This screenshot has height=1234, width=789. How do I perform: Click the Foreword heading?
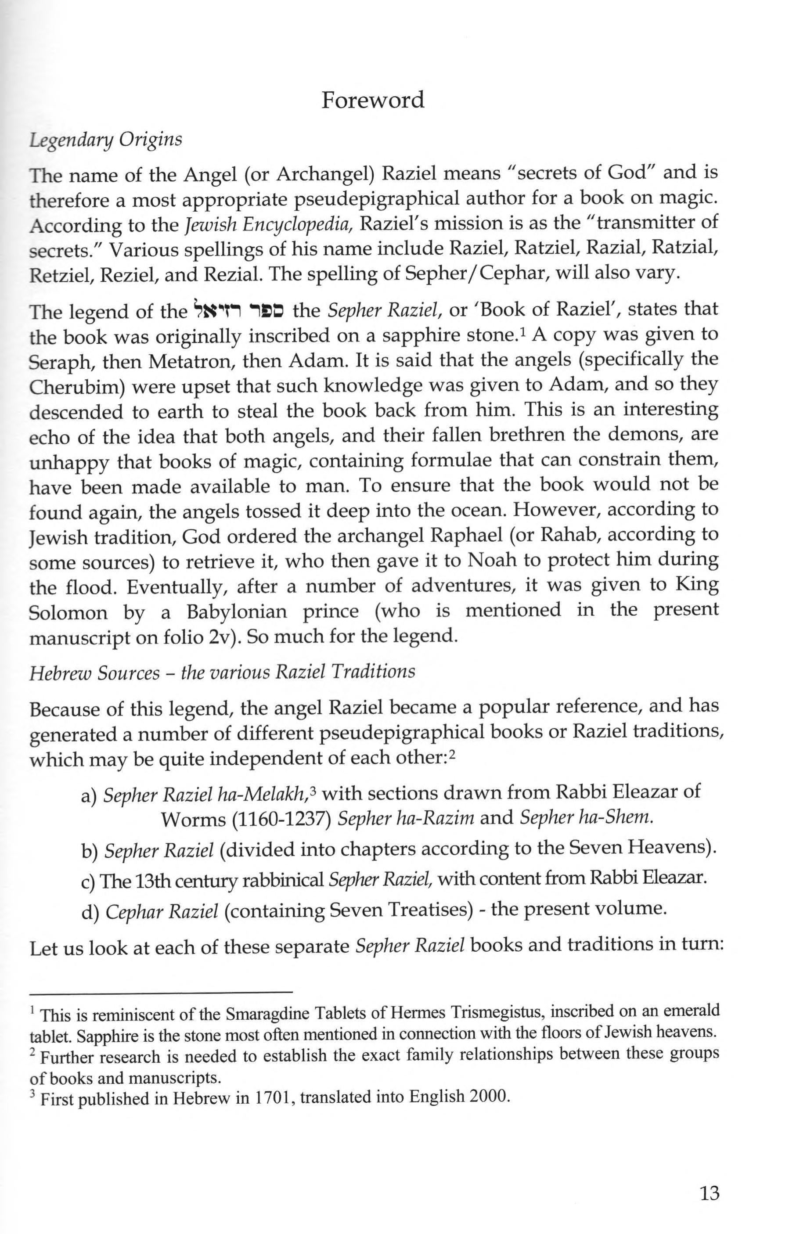pyautogui.click(x=373, y=100)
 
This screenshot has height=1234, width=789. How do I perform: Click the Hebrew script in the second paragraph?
pyautogui.click(x=240, y=310)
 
